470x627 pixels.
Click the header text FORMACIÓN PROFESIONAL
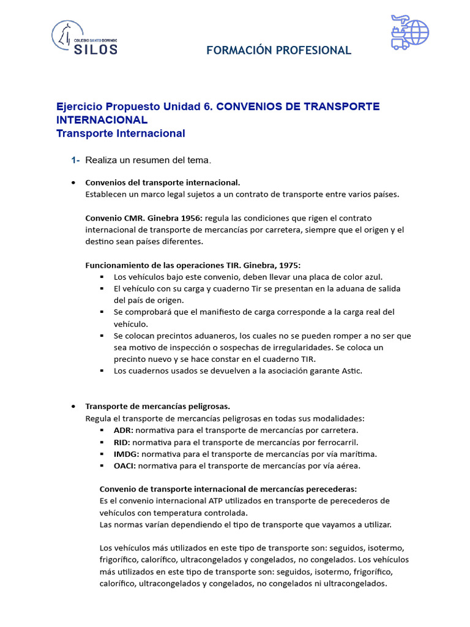click(x=278, y=50)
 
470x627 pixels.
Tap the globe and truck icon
click(x=409, y=32)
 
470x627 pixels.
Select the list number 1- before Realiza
click(x=75, y=160)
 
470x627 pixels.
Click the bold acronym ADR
click(x=122, y=430)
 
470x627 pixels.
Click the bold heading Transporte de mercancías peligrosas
click(x=157, y=406)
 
